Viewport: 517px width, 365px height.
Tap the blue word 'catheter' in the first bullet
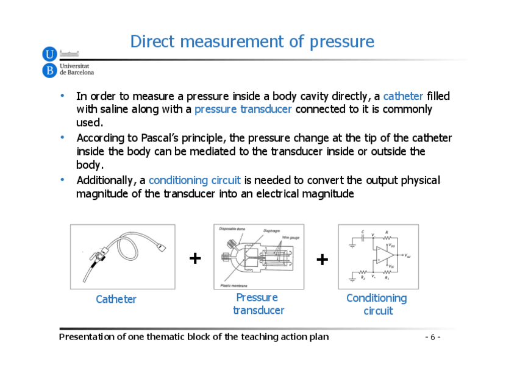[403, 96]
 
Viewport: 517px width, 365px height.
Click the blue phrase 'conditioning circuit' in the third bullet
[194, 180]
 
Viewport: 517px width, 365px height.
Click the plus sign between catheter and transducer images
[195, 258]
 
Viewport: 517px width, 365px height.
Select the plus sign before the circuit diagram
[323, 260]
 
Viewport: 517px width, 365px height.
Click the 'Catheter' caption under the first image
[116, 299]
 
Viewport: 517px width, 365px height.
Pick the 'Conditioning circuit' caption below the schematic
[377, 304]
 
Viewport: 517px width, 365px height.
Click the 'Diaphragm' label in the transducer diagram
[271, 231]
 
